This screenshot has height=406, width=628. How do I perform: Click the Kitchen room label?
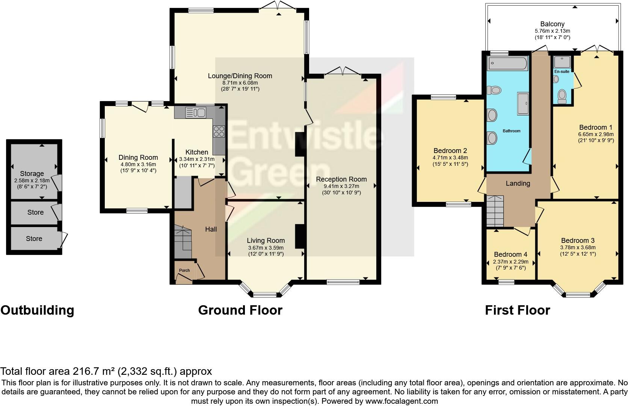point(197,152)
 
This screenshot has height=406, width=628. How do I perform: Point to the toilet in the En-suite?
point(562,95)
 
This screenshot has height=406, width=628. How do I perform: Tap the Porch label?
point(184,270)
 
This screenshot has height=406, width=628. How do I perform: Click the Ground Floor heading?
point(240,310)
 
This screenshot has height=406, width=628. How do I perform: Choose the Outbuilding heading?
point(37,310)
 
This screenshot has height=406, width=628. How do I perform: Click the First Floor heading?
point(517,310)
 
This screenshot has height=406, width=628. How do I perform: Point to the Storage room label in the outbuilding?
point(32,174)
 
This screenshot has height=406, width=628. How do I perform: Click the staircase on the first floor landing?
point(495,211)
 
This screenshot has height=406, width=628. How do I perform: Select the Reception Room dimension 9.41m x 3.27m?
point(341,186)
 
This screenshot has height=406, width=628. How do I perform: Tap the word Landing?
point(518,183)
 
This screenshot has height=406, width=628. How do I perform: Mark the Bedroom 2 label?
point(450,151)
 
